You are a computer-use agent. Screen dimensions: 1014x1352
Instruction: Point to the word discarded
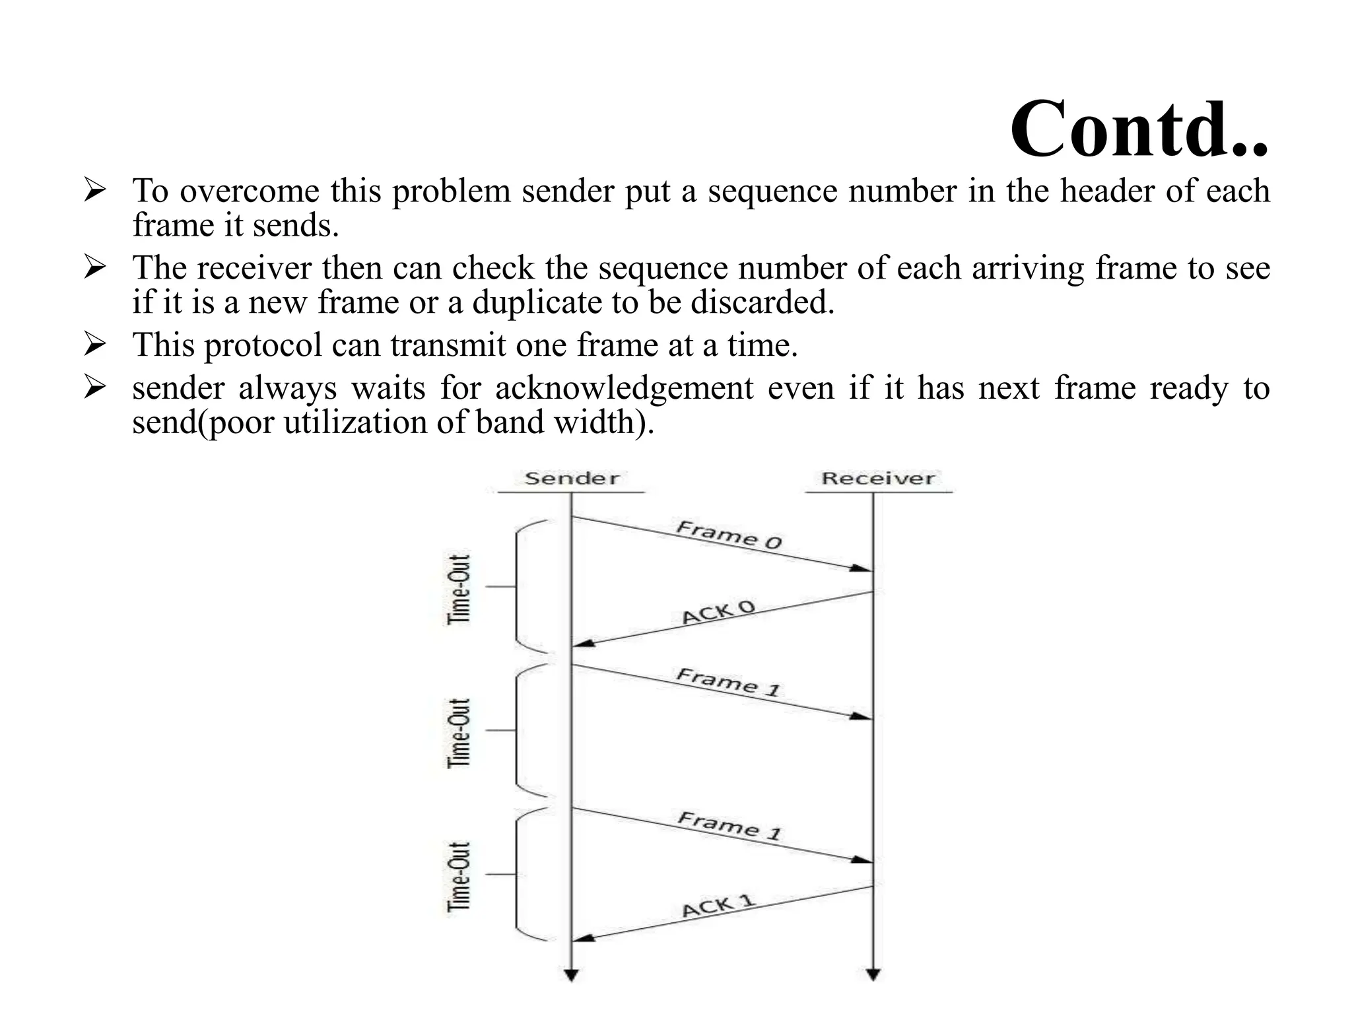click(x=762, y=303)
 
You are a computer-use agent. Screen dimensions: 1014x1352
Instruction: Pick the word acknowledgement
click(x=624, y=388)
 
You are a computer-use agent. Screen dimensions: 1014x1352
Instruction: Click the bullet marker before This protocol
click(x=95, y=344)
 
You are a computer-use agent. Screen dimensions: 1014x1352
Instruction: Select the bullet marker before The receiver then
click(x=95, y=267)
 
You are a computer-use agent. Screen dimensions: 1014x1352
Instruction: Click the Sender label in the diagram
click(x=572, y=479)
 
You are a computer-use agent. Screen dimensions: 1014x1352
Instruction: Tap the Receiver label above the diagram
click(x=877, y=479)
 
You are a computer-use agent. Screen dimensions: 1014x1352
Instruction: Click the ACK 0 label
click(x=718, y=613)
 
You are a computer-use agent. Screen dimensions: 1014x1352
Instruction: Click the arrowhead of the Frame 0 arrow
click(x=861, y=568)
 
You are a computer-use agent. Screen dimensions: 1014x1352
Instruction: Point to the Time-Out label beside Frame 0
click(x=459, y=589)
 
